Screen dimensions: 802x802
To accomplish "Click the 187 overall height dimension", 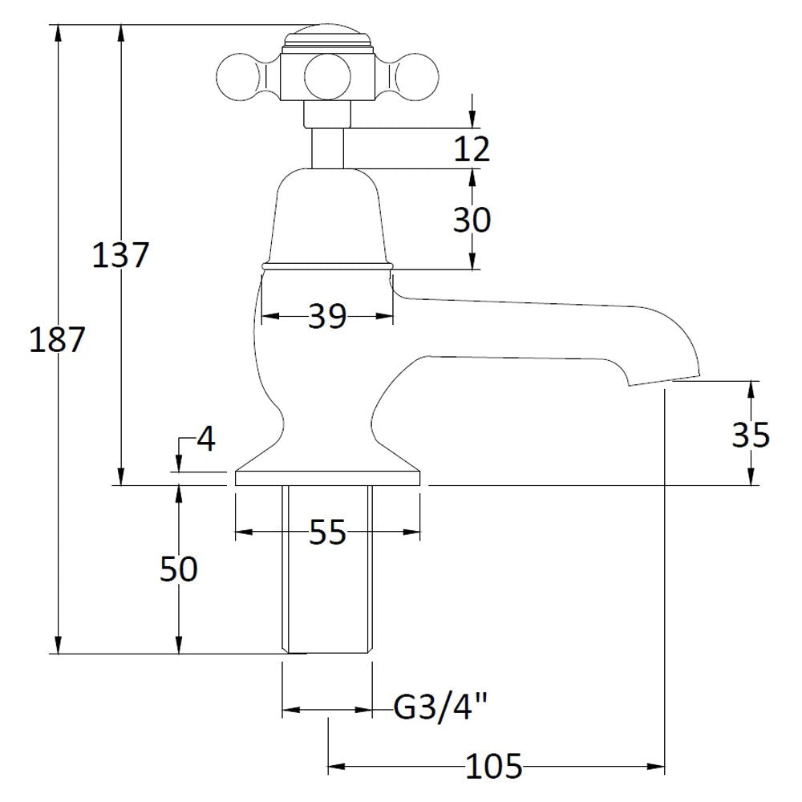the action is (x=56, y=340).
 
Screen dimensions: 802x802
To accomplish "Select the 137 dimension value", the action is (x=120, y=255).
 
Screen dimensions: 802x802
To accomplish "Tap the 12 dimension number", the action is (x=472, y=149).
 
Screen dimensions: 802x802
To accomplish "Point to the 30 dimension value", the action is (x=472, y=220).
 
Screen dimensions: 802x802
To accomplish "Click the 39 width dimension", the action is (x=327, y=316).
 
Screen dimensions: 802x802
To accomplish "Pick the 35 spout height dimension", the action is (x=751, y=435).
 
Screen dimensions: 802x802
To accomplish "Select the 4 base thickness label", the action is (x=206, y=439).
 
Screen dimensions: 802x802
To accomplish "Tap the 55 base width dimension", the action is (x=328, y=533).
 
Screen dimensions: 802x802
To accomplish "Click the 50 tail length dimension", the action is (x=179, y=569).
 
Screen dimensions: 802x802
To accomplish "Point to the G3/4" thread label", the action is (x=439, y=708).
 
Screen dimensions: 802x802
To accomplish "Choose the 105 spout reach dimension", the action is (x=494, y=766).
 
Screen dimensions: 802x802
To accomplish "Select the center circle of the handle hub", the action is (x=328, y=77).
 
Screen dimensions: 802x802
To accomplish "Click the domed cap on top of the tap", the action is (x=328, y=37).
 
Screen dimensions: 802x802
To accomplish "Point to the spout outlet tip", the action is (x=664, y=379).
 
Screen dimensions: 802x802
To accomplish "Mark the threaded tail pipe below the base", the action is (x=327, y=569).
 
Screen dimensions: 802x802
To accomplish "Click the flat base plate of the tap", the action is (x=327, y=478).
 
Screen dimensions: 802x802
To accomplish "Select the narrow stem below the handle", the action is (x=328, y=148).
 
